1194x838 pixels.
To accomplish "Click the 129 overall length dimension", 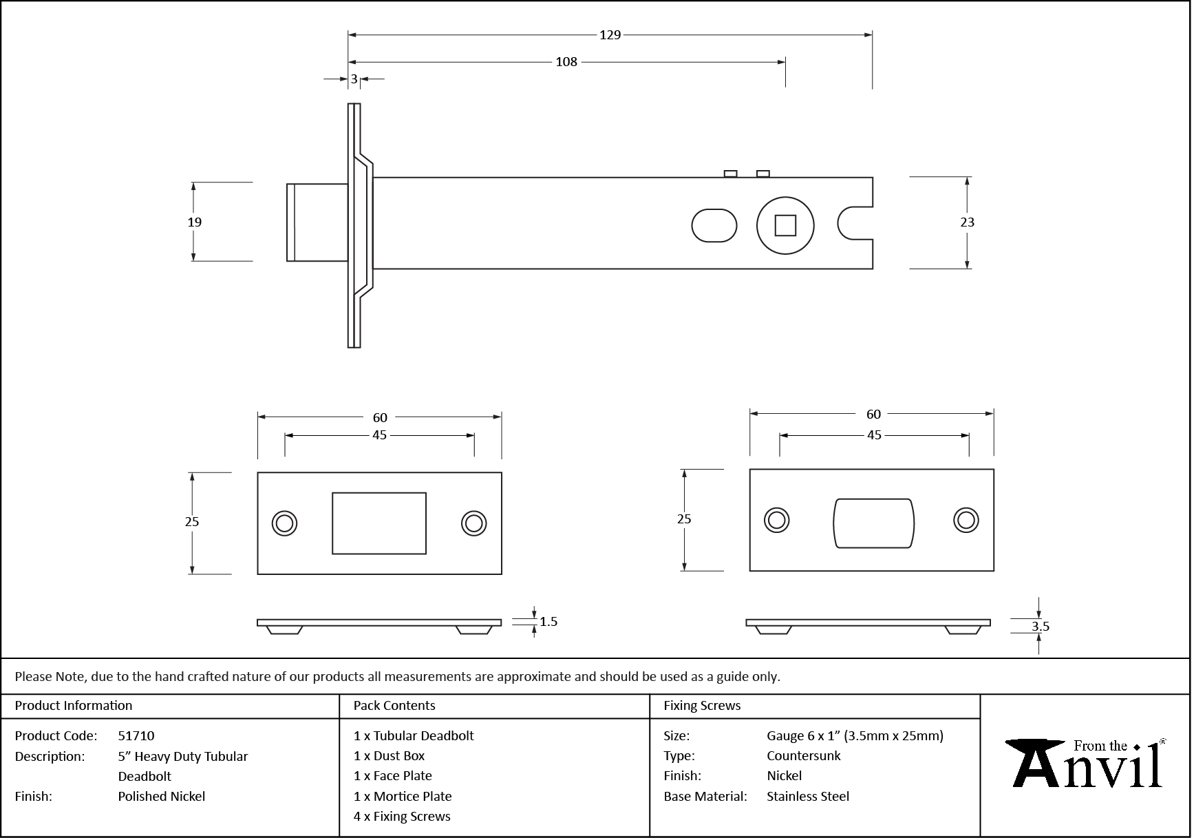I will tap(610, 34).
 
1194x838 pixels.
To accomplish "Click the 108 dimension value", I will tap(566, 62).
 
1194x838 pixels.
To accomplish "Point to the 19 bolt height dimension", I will tap(195, 222).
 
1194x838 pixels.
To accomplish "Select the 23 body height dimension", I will tap(967, 222).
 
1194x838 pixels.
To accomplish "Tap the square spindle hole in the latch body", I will tap(785, 226).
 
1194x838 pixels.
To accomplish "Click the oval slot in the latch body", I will tap(714, 226).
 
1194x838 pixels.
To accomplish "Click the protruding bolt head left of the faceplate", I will tap(317, 222).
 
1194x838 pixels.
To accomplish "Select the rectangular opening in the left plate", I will tap(379, 523).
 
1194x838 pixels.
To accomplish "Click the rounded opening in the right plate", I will tap(873, 523).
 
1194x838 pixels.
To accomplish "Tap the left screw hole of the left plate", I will tap(284, 523).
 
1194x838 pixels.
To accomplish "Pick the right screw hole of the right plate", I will tap(966, 521).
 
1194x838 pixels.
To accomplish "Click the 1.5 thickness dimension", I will tap(548, 622).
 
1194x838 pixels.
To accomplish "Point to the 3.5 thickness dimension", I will tap(1040, 626).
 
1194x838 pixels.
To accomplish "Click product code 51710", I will tap(136, 735).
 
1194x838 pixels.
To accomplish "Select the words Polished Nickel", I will tap(161, 796).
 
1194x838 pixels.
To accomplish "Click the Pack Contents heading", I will tap(394, 706).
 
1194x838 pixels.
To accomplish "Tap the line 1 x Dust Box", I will tap(389, 755).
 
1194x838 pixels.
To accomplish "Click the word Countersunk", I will tap(803, 755).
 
